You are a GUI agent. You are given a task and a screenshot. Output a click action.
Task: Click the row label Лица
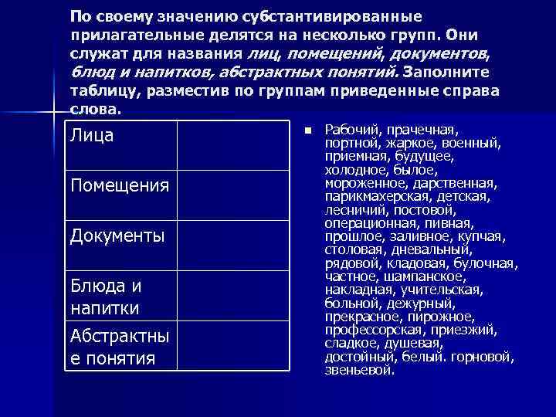[x=92, y=136]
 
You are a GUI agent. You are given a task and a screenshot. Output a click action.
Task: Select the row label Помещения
[x=119, y=185]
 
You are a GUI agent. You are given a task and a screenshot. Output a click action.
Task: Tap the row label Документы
[x=117, y=235]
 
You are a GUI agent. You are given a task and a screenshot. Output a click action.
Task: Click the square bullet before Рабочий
[x=307, y=130]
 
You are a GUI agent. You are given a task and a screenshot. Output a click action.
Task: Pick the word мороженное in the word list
[x=363, y=184]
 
